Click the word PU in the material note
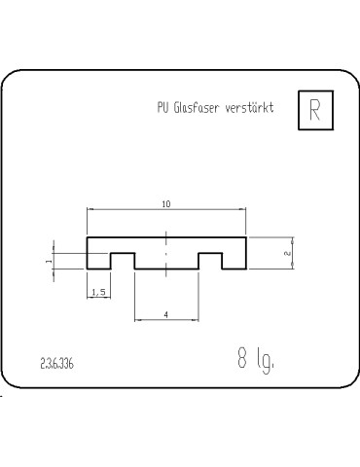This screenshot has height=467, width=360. [x=162, y=109]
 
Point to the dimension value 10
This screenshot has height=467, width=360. [x=166, y=203]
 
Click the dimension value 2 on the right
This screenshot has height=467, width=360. [x=287, y=253]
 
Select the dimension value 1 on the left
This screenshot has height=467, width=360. [x=48, y=261]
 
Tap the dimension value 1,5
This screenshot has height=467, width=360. [x=97, y=292]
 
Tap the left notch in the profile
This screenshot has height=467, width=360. [x=122, y=261]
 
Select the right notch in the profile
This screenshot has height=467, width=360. [x=211, y=261]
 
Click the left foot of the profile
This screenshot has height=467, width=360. [x=97, y=261]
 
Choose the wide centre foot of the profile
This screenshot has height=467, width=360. [x=166, y=261]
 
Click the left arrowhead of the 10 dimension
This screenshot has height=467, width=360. [x=90, y=209]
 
